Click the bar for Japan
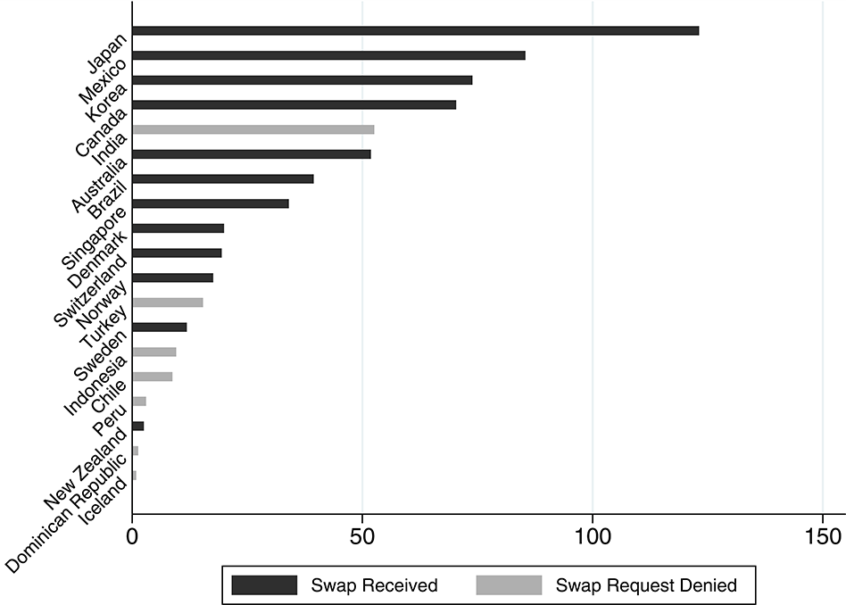tap(415, 30)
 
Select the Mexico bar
tap(328, 55)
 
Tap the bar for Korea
tap(302, 80)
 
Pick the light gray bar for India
tap(253, 129)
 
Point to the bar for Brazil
tap(222, 178)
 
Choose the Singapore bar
tap(210, 203)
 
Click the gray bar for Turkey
tap(167, 302)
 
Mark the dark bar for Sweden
tap(159, 327)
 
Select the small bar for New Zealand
tap(137, 426)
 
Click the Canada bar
tap(294, 104)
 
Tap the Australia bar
tap(251, 154)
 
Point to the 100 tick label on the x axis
tap(592, 537)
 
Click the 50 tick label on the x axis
tap(361, 537)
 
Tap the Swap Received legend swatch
tap(263, 585)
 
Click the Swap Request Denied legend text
tap(645, 585)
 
